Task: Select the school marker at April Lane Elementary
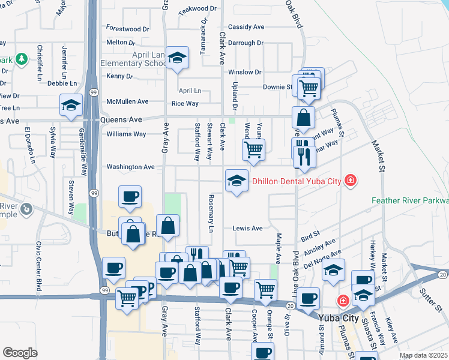[x=177, y=58]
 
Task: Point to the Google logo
[x=20, y=353]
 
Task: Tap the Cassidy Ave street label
[x=246, y=27]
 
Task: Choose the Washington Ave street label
[x=130, y=167]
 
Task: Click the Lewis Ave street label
[x=248, y=228]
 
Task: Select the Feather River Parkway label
[x=410, y=200]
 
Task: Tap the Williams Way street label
[x=126, y=134]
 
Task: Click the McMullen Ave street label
[x=127, y=101]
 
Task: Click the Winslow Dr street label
[x=245, y=72]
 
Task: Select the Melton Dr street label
[x=120, y=43]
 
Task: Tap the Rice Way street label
[x=185, y=103]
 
